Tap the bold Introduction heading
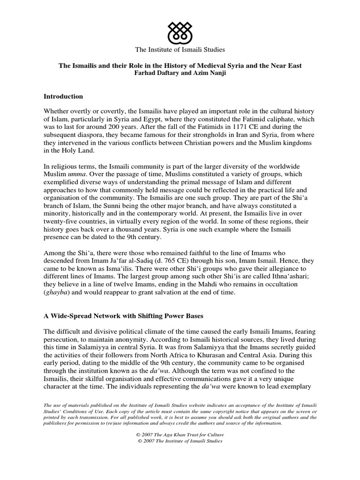(63, 97)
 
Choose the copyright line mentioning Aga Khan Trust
(180, 435)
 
